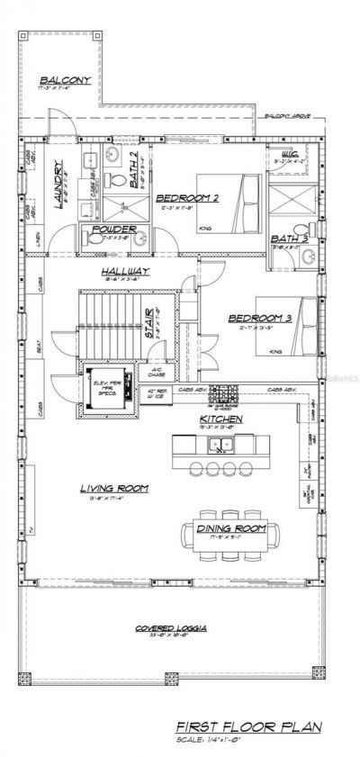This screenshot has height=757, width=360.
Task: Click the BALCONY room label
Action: (65, 80)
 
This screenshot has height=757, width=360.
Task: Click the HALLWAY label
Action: (125, 271)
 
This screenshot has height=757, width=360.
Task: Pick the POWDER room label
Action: (114, 230)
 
